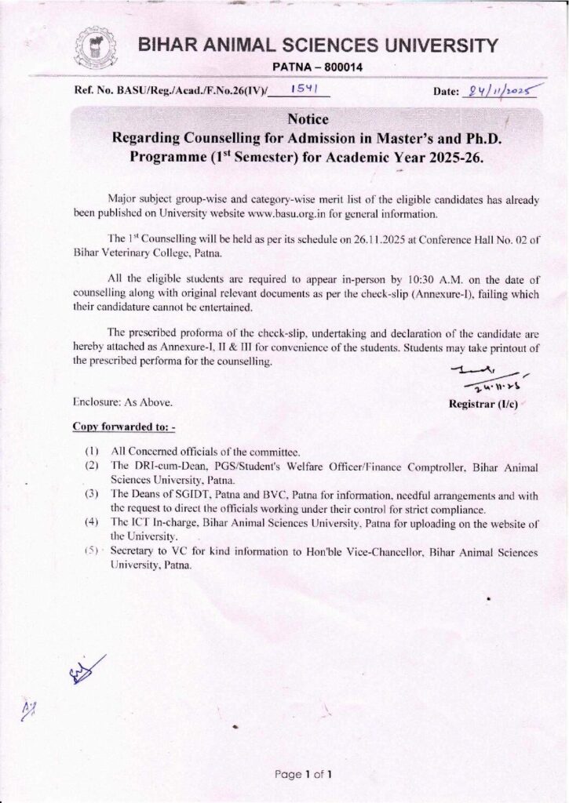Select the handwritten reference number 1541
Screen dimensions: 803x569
pos(301,90)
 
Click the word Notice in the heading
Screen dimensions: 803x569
pos(308,119)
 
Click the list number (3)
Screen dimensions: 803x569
pos(92,495)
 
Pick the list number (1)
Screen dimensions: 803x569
pos(92,452)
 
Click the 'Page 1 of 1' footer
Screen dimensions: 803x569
pos(303,775)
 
